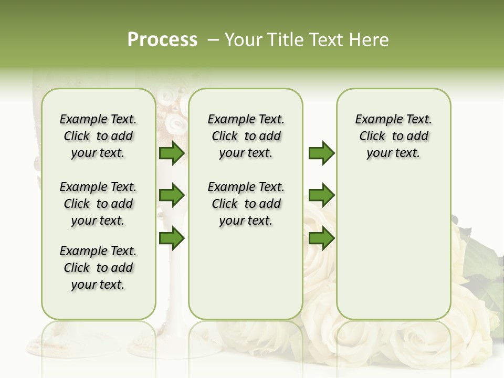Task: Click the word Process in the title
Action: pos(162,40)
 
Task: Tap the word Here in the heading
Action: pos(370,40)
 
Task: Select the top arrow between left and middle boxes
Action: pos(172,153)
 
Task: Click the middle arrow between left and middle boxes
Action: pos(172,195)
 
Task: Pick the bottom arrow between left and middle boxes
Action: pos(172,238)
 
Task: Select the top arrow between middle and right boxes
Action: pos(321,153)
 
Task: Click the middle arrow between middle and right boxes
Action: pos(321,195)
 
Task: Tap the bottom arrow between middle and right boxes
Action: pos(321,238)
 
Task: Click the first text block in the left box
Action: pos(98,136)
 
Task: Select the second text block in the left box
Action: pos(98,204)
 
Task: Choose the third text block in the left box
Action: pos(98,268)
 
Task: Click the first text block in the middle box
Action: pos(246,136)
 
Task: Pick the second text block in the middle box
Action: pos(246,204)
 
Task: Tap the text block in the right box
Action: pos(394,136)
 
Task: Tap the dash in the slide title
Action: pos(213,40)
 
